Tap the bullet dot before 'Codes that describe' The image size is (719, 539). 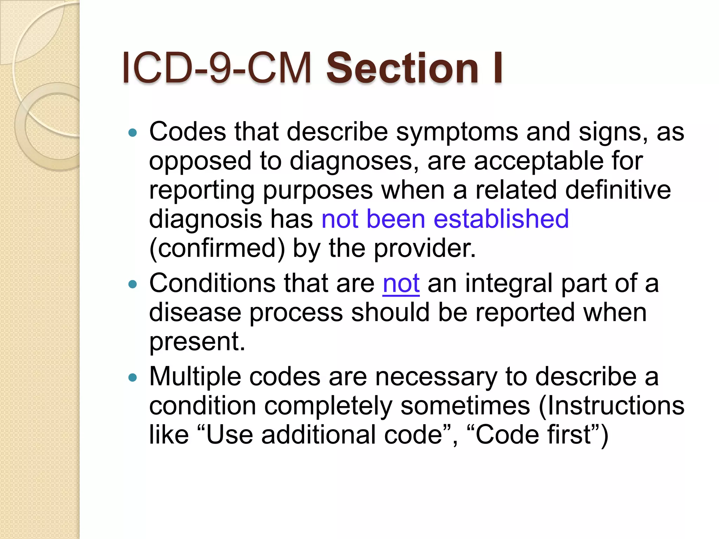point(132,133)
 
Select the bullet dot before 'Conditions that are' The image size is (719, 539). point(132,284)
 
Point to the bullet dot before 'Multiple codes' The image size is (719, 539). point(132,378)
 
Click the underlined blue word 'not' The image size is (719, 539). point(401,284)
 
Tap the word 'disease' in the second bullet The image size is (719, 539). point(195,313)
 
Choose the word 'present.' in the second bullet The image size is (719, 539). point(197,342)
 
